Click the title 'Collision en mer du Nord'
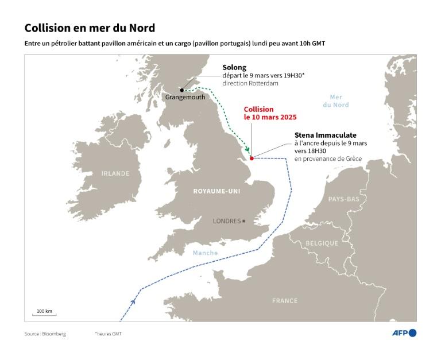[90, 28]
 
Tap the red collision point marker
[252, 158]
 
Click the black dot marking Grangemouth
[182, 90]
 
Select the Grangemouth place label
[185, 98]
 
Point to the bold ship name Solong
[234, 67]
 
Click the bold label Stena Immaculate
[325, 135]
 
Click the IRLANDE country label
[115, 173]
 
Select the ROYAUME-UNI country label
[216, 191]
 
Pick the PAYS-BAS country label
[343, 199]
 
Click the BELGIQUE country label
[322, 243]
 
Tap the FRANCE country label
[285, 300]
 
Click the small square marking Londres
[244, 221]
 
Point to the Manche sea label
[205, 253]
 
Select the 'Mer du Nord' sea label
[336, 101]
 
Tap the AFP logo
[404, 333]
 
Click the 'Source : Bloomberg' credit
[45, 334]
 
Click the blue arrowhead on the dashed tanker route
[133, 300]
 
